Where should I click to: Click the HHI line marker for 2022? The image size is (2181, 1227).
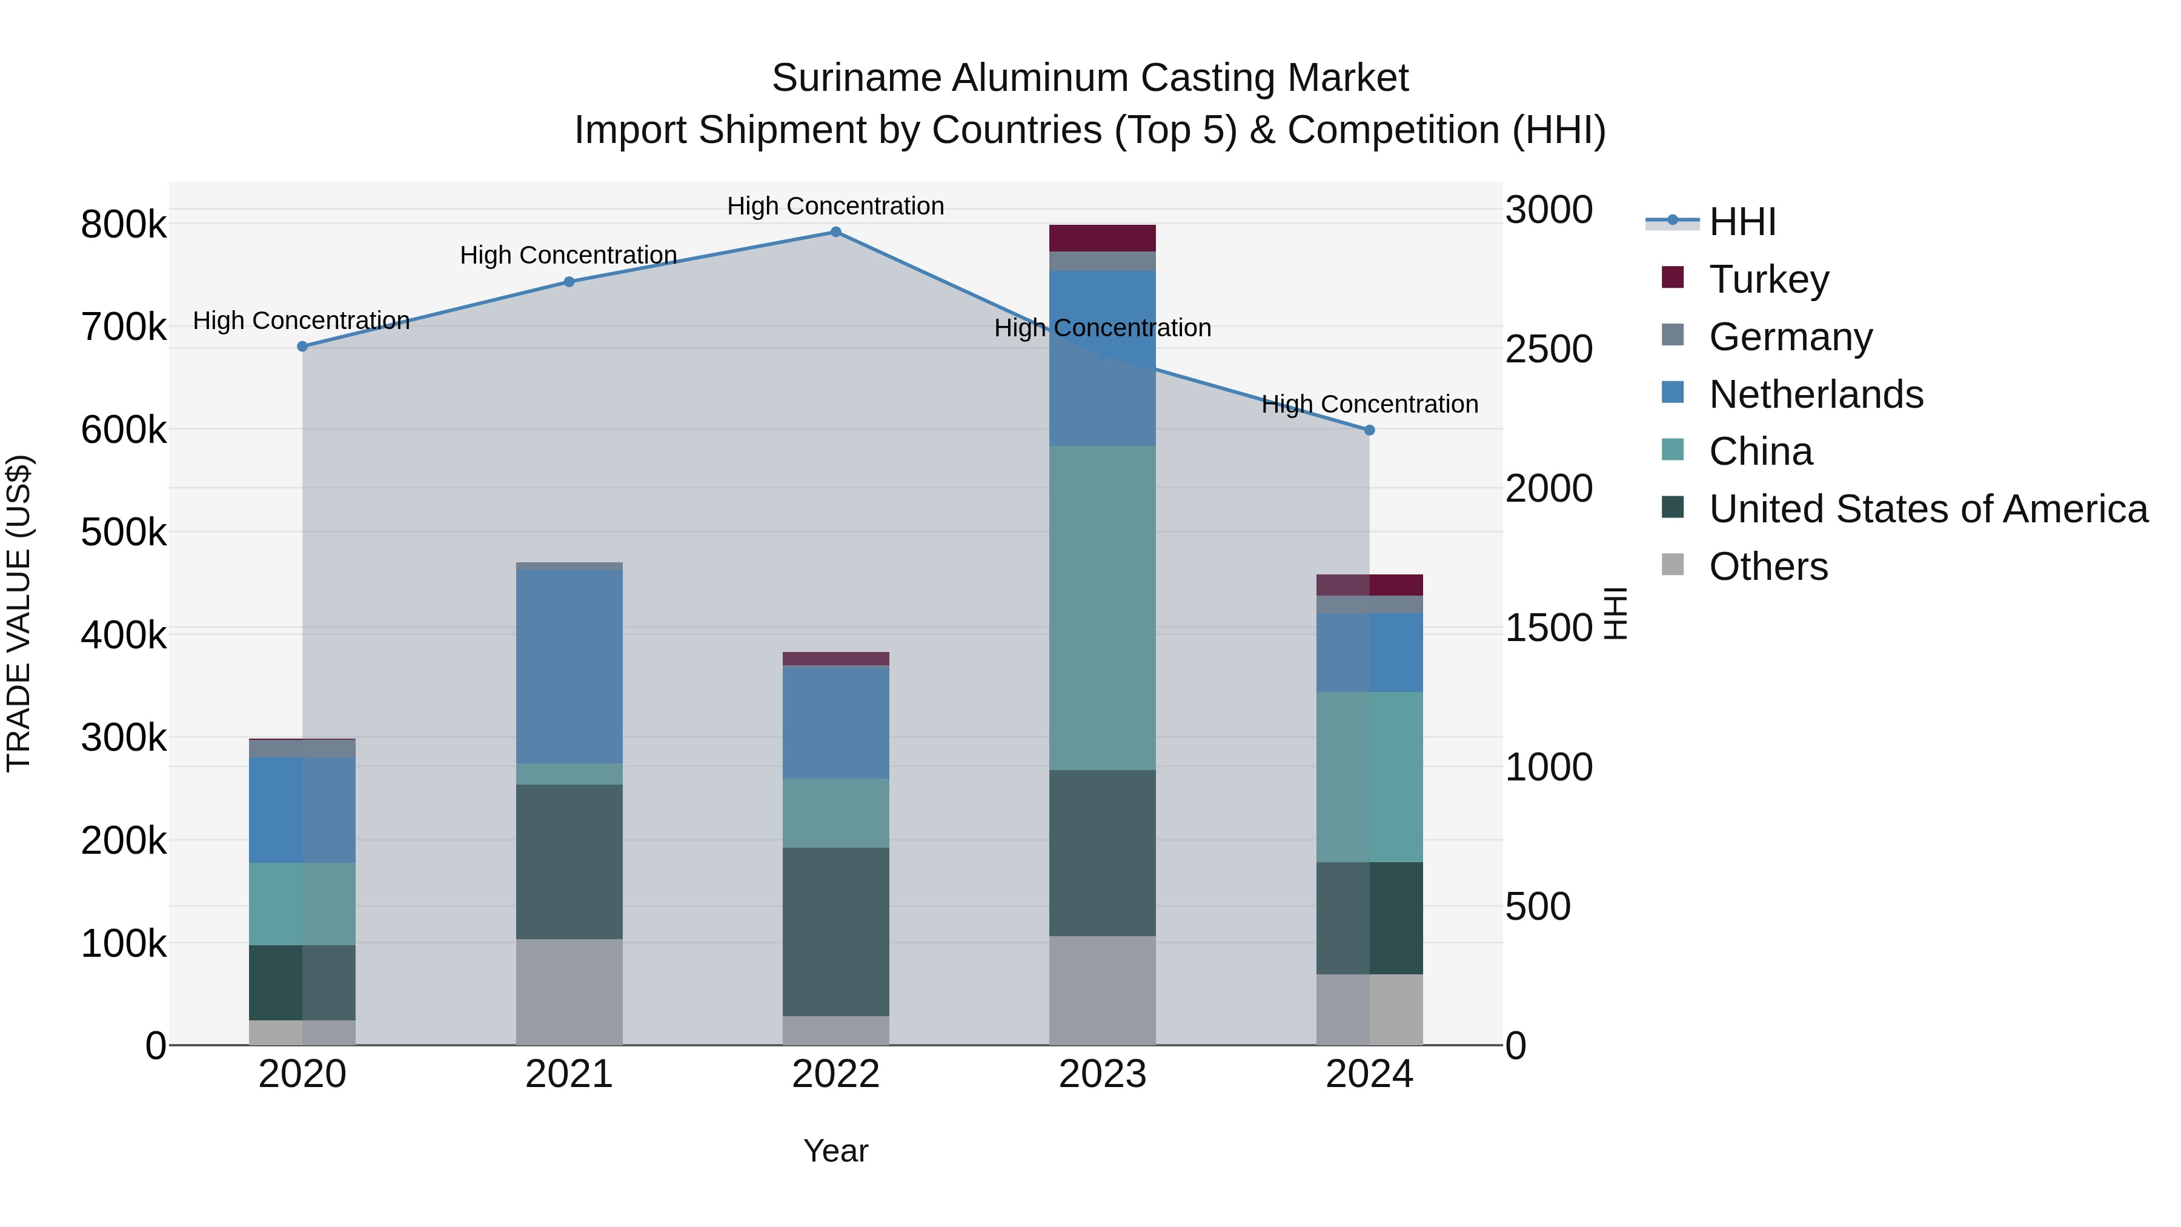pyautogui.click(x=835, y=232)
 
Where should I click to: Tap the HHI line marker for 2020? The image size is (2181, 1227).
pyautogui.click(x=302, y=347)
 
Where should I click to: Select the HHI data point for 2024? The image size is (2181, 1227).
pyautogui.click(x=1369, y=430)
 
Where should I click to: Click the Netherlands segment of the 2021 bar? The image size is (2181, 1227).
pyautogui.click(x=569, y=667)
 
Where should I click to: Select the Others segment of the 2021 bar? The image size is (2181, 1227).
pyautogui.click(x=569, y=991)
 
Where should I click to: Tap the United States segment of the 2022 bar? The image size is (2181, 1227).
pyautogui.click(x=835, y=931)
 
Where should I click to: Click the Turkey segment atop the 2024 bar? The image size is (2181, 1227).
pyautogui.click(x=1369, y=585)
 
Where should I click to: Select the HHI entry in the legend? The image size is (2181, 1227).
pyautogui.click(x=1742, y=222)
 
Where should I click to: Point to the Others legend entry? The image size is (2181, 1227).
pyautogui.click(x=1768, y=567)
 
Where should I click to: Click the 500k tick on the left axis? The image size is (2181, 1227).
pyautogui.click(x=124, y=533)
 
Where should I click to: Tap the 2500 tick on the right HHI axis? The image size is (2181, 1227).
pyautogui.click(x=1549, y=349)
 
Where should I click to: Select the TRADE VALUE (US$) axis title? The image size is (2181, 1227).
pyautogui.click(x=19, y=613)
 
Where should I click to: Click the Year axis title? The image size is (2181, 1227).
pyautogui.click(x=835, y=1151)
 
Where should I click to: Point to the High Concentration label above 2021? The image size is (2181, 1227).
pyautogui.click(x=568, y=255)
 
